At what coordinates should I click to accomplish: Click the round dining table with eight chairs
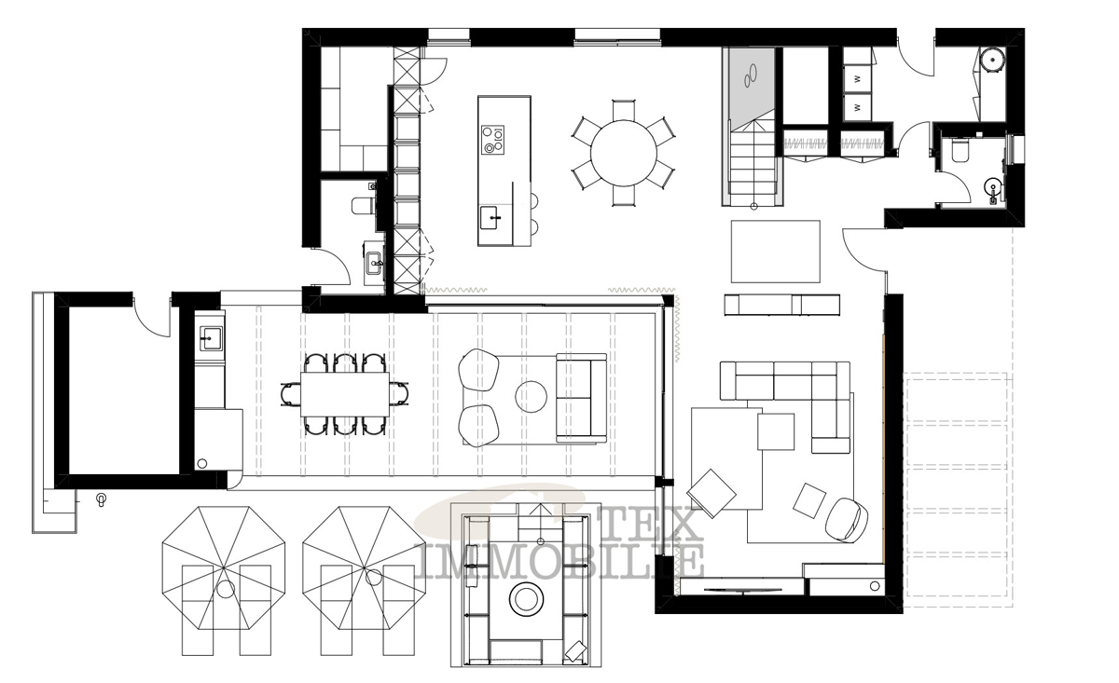(x=624, y=153)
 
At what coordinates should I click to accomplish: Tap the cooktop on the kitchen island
(x=492, y=140)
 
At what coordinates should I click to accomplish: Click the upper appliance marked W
(x=858, y=79)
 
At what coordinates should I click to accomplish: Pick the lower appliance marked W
(x=858, y=107)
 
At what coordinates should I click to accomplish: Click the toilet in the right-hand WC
(x=960, y=150)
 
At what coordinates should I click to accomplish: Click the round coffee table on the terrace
(x=531, y=396)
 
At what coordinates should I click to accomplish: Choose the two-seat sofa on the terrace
(x=582, y=398)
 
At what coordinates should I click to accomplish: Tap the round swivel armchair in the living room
(x=847, y=519)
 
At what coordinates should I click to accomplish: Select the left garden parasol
(x=224, y=569)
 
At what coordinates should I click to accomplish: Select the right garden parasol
(x=365, y=569)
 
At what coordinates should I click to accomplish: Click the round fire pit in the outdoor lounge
(x=526, y=598)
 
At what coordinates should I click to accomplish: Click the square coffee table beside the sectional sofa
(x=776, y=431)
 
